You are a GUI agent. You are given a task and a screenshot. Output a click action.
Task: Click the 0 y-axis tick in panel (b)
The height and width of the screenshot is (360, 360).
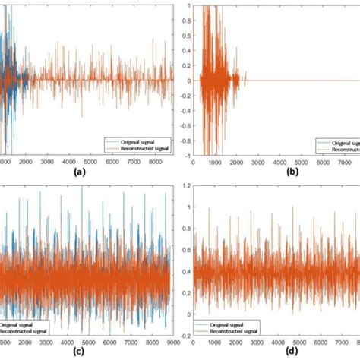coord(188,81)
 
